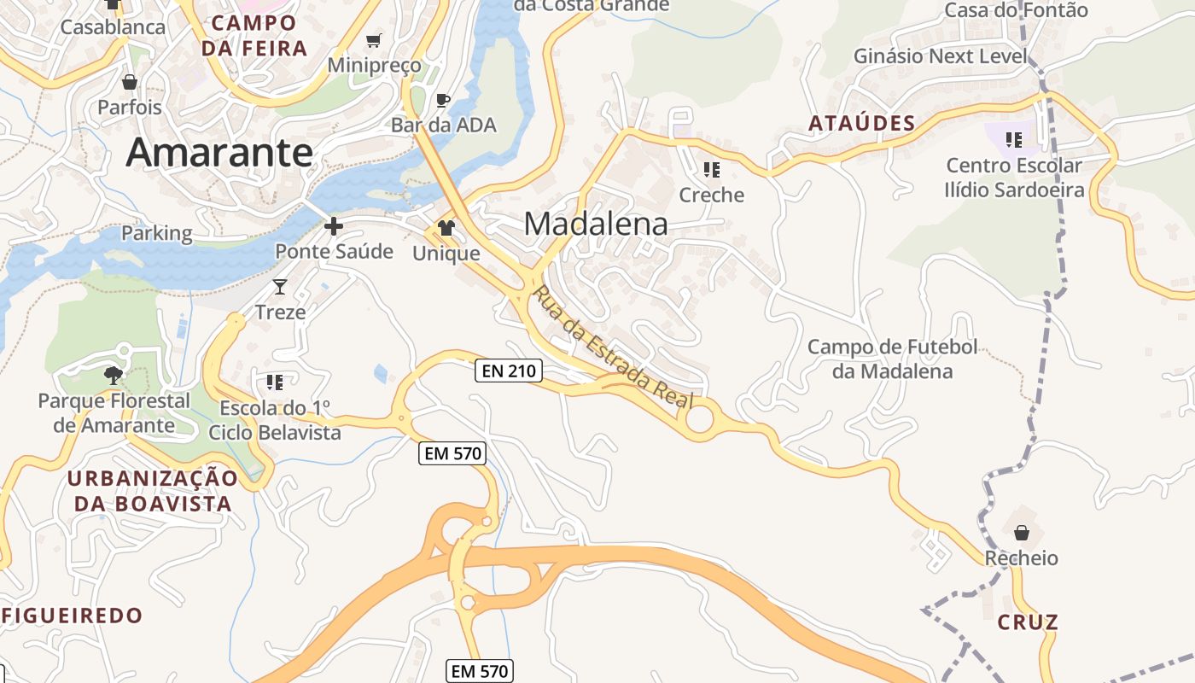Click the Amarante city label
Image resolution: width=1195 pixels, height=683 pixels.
pyautogui.click(x=219, y=152)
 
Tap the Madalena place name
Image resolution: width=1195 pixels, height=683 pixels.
pyautogui.click(x=596, y=224)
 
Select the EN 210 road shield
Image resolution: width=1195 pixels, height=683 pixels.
pyautogui.click(x=509, y=371)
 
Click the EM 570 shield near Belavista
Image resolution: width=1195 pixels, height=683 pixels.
pyautogui.click(x=453, y=453)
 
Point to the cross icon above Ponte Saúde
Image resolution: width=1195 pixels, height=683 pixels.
pyautogui.click(x=334, y=226)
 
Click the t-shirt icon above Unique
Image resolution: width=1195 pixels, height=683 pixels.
pyautogui.click(x=446, y=228)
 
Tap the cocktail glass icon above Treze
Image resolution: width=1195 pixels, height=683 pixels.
pyautogui.click(x=280, y=287)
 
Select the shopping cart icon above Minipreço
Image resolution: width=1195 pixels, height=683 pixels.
pyautogui.click(x=373, y=40)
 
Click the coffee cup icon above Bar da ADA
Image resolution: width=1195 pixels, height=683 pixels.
pyautogui.click(x=442, y=101)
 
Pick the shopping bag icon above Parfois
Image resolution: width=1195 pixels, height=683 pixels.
pyautogui.click(x=130, y=82)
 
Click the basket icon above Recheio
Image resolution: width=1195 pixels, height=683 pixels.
pyautogui.click(x=1021, y=534)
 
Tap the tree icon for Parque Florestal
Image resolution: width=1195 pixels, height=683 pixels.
pyautogui.click(x=113, y=375)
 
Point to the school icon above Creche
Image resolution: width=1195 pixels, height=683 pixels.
pyautogui.click(x=711, y=170)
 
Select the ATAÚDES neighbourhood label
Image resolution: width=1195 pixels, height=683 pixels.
pyautogui.click(x=861, y=124)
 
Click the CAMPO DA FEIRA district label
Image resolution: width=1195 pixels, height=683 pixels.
pyautogui.click(x=254, y=35)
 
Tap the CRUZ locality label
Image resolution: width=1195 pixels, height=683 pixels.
pyautogui.click(x=1028, y=622)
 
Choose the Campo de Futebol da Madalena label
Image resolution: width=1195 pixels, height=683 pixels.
pyautogui.click(x=892, y=359)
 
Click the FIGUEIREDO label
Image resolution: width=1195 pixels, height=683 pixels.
pyautogui.click(x=73, y=615)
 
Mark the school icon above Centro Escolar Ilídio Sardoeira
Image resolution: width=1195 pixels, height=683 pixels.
pyautogui.click(x=1014, y=139)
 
